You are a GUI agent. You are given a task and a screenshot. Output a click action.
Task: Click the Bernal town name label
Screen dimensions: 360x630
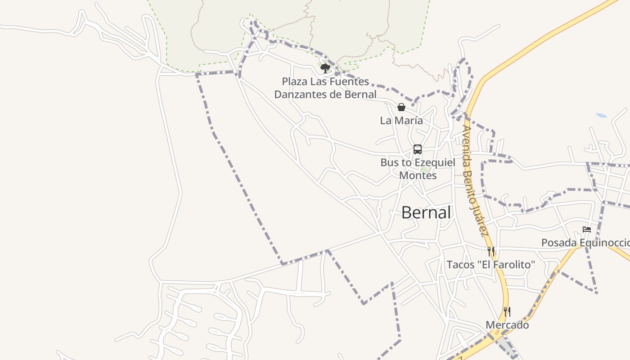click(x=426, y=213)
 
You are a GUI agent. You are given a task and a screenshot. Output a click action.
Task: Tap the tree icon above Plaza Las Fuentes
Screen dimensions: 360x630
click(x=325, y=68)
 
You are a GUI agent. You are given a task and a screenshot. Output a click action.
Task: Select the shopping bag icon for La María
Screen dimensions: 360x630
click(x=401, y=107)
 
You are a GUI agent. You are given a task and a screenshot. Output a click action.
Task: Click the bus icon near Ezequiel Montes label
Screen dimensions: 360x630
click(x=418, y=149)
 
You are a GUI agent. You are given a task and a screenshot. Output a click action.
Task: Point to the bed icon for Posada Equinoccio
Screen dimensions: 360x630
click(x=586, y=229)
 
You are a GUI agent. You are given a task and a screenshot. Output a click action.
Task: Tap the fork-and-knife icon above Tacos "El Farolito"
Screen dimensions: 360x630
click(x=491, y=251)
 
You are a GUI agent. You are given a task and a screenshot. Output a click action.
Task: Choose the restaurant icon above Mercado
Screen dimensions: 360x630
click(x=507, y=311)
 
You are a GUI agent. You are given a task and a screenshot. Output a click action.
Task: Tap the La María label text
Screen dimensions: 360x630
click(x=401, y=121)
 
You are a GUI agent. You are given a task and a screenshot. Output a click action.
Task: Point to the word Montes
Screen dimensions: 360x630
click(x=418, y=175)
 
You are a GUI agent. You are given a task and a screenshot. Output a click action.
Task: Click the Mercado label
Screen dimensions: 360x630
click(x=507, y=325)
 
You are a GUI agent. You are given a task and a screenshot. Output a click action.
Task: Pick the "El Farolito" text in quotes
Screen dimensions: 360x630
click(x=507, y=265)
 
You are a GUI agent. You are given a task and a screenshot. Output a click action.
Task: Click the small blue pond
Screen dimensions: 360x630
click(x=601, y=116)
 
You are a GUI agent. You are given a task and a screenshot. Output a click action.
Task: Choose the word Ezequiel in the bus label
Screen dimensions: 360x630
click(x=434, y=163)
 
